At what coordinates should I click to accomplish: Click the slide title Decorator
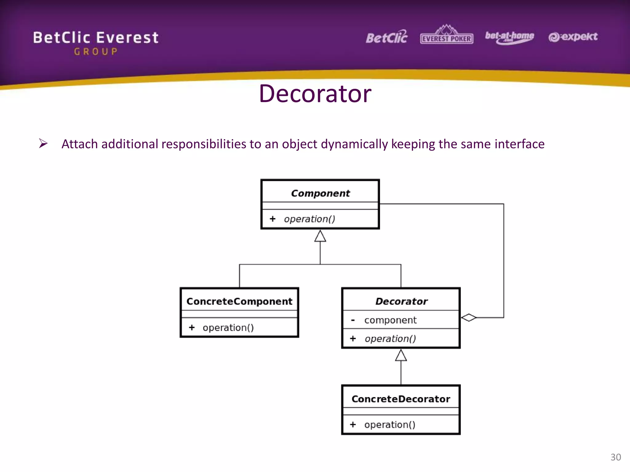(315, 94)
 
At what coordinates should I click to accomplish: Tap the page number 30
(616, 457)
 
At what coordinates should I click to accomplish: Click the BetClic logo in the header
(386, 37)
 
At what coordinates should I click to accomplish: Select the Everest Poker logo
(446, 35)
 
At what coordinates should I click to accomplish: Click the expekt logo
(573, 37)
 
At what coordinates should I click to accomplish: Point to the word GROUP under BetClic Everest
(96, 52)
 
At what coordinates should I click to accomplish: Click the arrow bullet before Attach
(43, 144)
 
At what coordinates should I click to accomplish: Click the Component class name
(320, 193)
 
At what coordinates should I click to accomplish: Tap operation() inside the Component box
(309, 219)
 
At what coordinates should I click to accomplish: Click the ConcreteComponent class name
(239, 301)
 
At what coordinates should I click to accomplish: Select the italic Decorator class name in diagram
(401, 301)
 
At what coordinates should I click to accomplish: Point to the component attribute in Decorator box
(390, 320)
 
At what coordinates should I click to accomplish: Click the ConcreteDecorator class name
(401, 399)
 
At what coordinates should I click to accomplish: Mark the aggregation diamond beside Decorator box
(469, 317)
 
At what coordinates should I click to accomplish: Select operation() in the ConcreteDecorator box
(390, 425)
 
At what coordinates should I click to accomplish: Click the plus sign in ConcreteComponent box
(192, 328)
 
